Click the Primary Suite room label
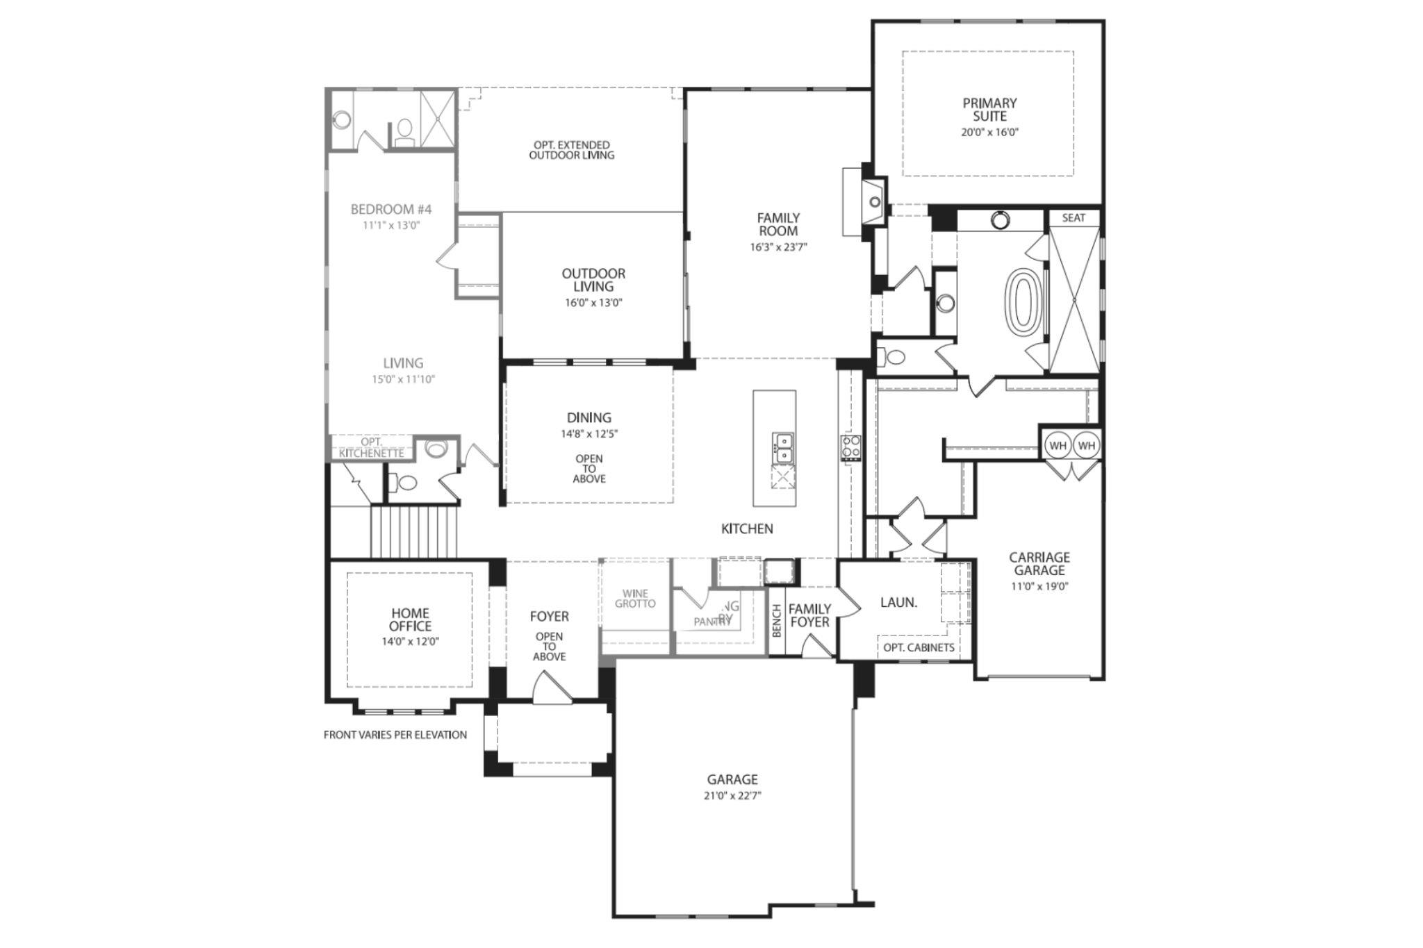(989, 110)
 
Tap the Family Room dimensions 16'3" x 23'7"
(778, 247)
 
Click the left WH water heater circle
(1057, 445)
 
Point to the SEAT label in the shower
(1073, 218)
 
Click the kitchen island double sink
(782, 447)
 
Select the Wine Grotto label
(635, 599)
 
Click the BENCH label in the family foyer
(777, 619)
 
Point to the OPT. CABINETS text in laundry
(918, 647)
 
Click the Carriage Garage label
(1039, 563)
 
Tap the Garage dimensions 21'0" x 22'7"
(732, 796)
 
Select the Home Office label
(410, 619)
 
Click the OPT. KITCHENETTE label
(372, 447)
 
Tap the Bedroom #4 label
(391, 209)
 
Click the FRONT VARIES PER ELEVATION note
(395, 735)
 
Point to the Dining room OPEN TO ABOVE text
(589, 469)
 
